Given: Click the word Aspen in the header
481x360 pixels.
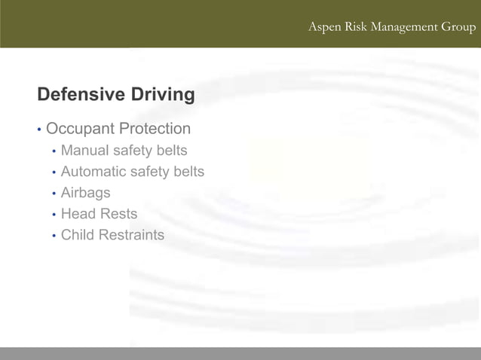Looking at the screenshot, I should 324,27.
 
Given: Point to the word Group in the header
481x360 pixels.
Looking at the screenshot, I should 459,27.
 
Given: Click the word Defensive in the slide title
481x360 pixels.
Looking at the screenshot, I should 80,95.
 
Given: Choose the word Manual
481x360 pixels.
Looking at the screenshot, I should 84,151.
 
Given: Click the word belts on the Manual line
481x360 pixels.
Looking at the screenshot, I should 171,151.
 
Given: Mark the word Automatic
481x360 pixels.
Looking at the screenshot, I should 93,172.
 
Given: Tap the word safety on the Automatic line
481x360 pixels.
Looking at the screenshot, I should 151,172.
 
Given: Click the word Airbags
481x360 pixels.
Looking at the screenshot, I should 85,194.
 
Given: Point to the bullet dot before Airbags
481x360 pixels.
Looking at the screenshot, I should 54,194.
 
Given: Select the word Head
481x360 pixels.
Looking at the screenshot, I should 78,214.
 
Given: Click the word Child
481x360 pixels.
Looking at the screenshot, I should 78,235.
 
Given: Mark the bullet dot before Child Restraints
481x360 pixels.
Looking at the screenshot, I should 54,236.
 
